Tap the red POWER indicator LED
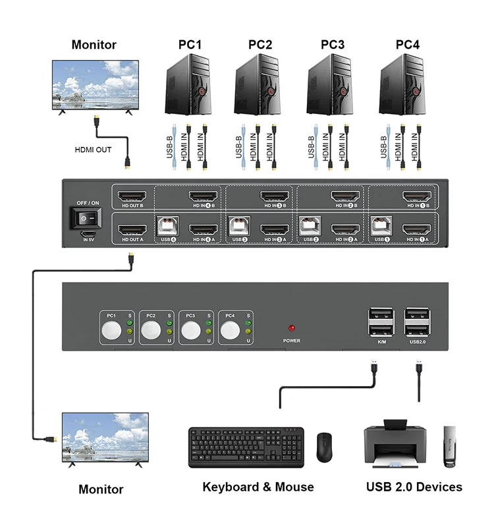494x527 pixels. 290,327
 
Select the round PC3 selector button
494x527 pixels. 190,330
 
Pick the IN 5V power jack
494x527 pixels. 87,235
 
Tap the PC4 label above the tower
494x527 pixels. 407,45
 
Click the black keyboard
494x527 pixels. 246,447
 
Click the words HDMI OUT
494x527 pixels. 93,150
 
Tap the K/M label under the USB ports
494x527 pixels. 382,342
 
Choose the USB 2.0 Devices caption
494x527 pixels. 414,487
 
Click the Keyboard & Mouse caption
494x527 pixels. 258,487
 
